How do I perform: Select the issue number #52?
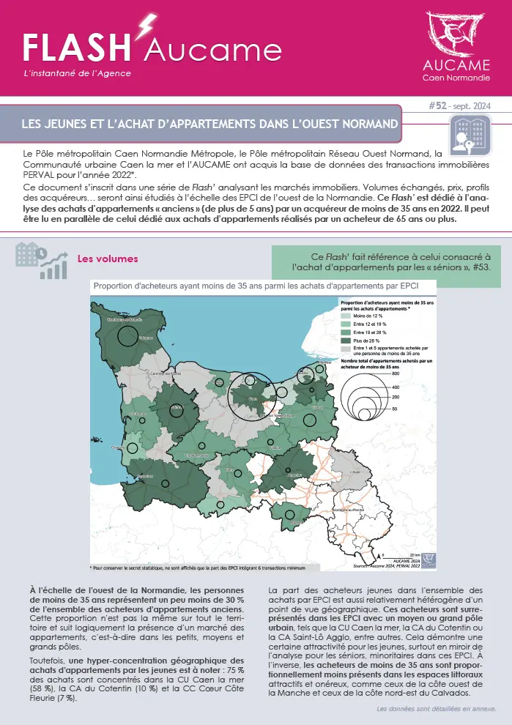click(x=437, y=107)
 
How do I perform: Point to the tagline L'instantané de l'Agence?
click(x=78, y=73)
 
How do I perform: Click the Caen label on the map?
click(x=253, y=398)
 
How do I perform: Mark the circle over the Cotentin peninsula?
click(x=127, y=336)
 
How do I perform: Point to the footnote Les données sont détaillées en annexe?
click(x=436, y=710)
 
